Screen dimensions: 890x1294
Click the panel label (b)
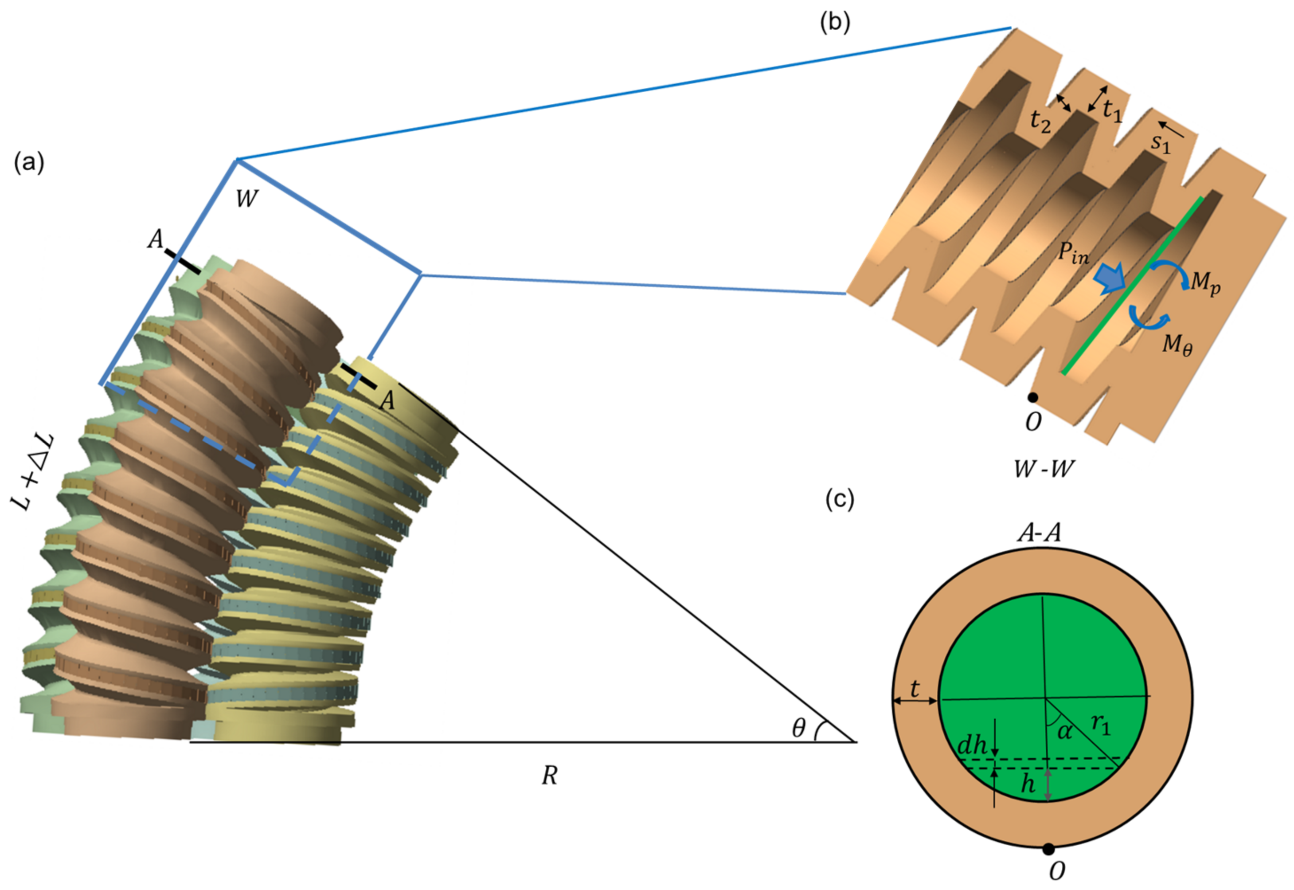pos(835,23)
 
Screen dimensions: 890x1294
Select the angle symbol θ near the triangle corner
pos(798,727)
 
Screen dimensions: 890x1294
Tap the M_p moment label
pos(1205,283)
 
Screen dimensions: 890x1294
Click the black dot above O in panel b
pos(1032,398)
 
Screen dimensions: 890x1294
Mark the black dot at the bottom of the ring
pos(1048,849)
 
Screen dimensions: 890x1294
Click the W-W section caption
pos(1043,470)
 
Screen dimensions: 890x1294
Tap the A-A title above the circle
pos(1039,533)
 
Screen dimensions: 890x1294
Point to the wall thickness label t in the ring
pos(915,689)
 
